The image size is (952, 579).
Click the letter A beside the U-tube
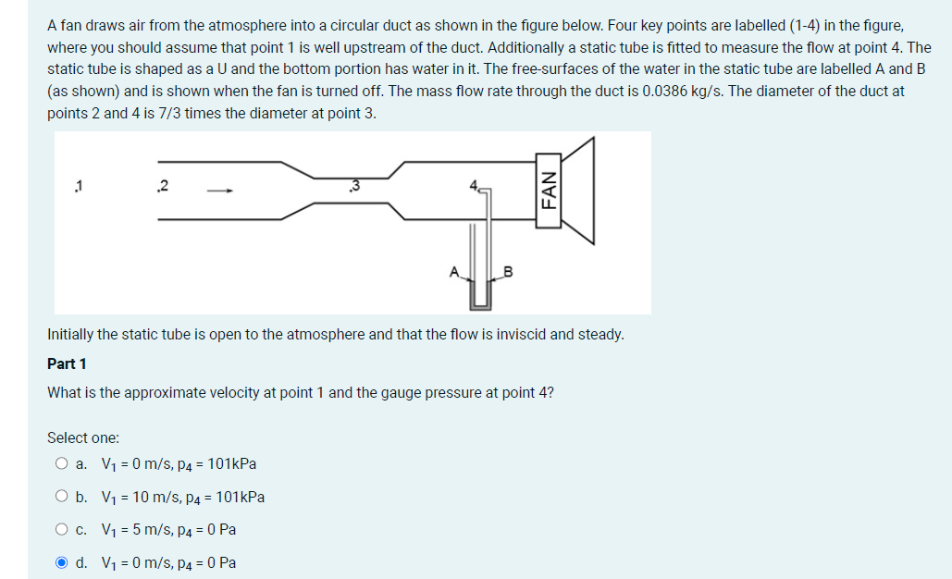tap(453, 272)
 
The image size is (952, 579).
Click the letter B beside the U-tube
tap(508, 272)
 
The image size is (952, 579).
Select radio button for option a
tap(61, 464)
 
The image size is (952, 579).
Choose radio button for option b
tap(61, 497)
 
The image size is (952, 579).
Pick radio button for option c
tap(61, 530)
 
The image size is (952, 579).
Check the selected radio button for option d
tap(61, 562)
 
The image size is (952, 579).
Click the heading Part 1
tap(66, 363)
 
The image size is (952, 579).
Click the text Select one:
tap(83, 437)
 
